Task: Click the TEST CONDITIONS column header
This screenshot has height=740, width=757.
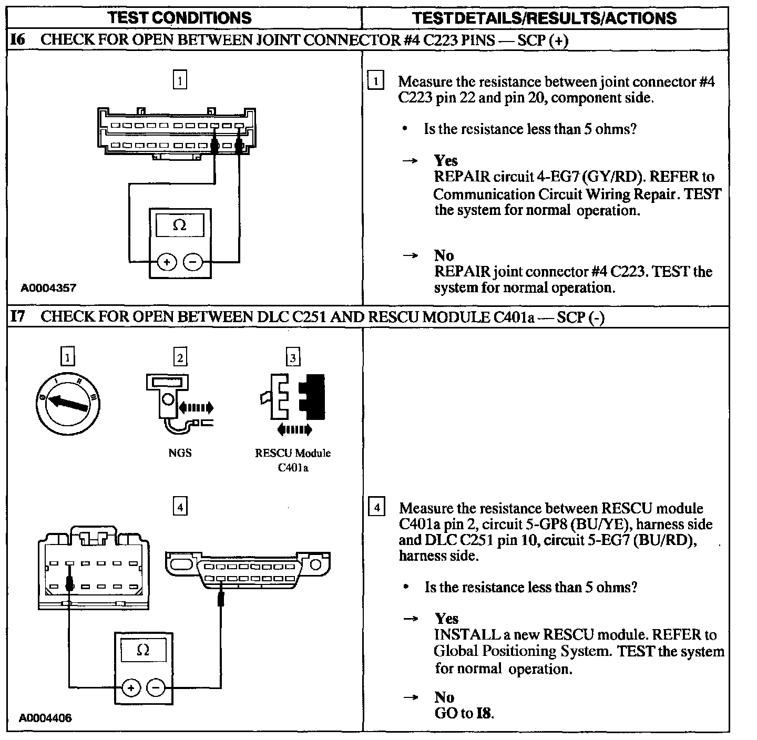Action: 180,18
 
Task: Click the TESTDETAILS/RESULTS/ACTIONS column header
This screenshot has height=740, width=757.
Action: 545,18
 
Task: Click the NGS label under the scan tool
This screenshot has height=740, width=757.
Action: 180,453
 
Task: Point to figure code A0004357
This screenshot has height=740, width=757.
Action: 48,287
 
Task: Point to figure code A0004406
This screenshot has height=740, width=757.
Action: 46,718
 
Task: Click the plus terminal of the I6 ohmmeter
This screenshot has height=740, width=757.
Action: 167,262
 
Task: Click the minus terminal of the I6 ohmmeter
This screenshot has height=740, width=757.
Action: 192,262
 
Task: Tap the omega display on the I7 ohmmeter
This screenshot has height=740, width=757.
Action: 143,651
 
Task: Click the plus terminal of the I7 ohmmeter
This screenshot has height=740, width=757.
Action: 130,687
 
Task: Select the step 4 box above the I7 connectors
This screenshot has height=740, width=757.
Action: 180,507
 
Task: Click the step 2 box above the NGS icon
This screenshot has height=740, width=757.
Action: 180,358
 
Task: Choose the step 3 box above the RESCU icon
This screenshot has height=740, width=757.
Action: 293,358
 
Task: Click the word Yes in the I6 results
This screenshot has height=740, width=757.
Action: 446,161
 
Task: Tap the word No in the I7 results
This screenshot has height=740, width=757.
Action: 444,697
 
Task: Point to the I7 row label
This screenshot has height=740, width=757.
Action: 17,316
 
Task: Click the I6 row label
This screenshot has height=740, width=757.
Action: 17,40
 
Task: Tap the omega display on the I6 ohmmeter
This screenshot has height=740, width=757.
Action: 180,225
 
